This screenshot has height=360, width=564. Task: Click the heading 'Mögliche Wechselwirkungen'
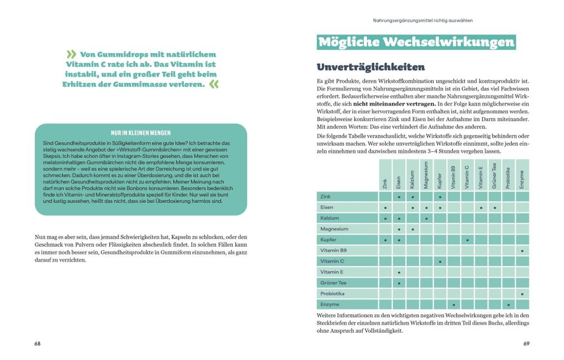pos(416,43)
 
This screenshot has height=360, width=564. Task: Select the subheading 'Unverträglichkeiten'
pos(370,67)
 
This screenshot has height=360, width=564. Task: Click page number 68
pos(37,343)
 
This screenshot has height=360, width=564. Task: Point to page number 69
pos(526,343)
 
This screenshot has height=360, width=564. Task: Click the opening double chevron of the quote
pos(72,54)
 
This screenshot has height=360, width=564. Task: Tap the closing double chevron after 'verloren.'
pos(214,84)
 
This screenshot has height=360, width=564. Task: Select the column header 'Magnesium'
pos(426,175)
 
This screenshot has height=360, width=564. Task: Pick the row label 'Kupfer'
pos(329,239)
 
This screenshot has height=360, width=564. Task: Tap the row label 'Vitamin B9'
pos(333,251)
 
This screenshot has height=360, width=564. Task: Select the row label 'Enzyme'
pos(330,304)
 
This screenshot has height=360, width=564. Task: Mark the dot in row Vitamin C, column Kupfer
pos(440,262)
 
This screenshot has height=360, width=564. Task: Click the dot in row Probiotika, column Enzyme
pos(522,294)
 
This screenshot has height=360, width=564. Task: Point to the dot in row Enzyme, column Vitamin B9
pos(454,305)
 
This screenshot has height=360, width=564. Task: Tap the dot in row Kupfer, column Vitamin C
pos(467,240)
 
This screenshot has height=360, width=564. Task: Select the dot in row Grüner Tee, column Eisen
pos(399,283)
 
